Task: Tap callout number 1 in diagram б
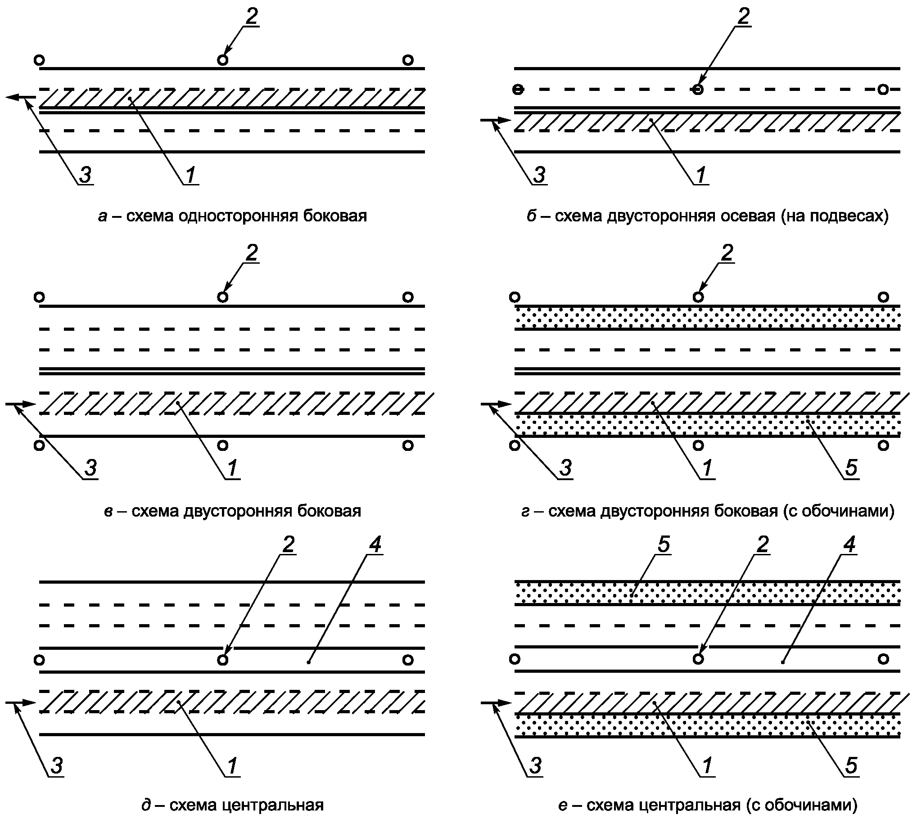(701, 174)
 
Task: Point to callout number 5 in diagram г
(851, 468)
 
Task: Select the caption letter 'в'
(108, 511)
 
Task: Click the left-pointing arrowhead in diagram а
(14, 97)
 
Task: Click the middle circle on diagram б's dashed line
(698, 90)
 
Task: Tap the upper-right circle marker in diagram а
(408, 60)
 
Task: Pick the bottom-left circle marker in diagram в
(40, 445)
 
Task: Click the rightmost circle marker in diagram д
(408, 660)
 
